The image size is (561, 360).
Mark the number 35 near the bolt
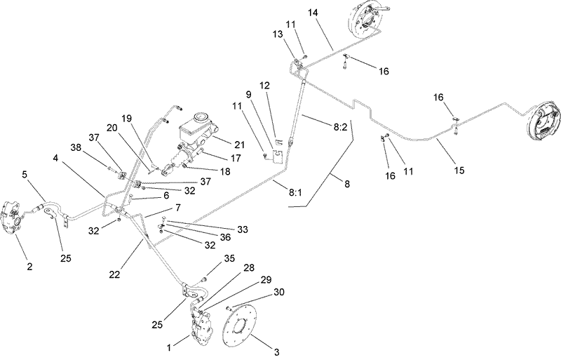pos(229,259)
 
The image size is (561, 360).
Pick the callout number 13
pos(277,34)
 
